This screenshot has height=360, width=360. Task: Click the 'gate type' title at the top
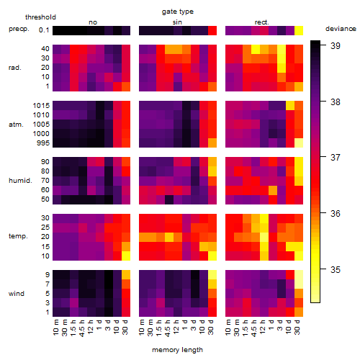pyautogui.click(x=178, y=12)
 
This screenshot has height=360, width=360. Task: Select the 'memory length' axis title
pyautogui.click(x=177, y=350)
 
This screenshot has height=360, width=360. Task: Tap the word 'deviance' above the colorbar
pyautogui.click(x=341, y=29)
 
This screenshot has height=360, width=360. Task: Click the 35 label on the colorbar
pyautogui.click(x=336, y=270)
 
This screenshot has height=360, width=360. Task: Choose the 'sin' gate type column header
pyautogui.click(x=177, y=22)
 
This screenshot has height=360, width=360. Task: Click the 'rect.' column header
pyautogui.click(x=261, y=22)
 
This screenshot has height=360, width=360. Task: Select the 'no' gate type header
pyautogui.click(x=93, y=22)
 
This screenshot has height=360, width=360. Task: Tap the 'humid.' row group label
pyautogui.click(x=20, y=181)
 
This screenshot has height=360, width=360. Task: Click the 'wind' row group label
pyautogui.click(x=17, y=294)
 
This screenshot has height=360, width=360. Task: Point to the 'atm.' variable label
pyautogui.click(x=16, y=125)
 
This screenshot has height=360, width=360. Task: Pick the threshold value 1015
pyautogui.click(x=41, y=106)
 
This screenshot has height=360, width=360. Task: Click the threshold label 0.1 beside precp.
pyautogui.click(x=44, y=30)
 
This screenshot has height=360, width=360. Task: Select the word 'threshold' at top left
pyautogui.click(x=40, y=17)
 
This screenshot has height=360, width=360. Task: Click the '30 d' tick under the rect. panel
pyautogui.click(x=297, y=327)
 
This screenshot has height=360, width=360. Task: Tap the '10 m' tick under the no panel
pyautogui.click(x=55, y=327)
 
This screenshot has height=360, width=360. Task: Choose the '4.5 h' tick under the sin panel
pyautogui.click(x=168, y=328)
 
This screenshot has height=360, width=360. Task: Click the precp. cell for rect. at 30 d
pyautogui.click(x=299, y=31)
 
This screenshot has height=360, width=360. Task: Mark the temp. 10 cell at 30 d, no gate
pyautogui.click(x=126, y=256)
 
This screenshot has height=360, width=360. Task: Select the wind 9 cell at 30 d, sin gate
pyautogui.click(x=212, y=275)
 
